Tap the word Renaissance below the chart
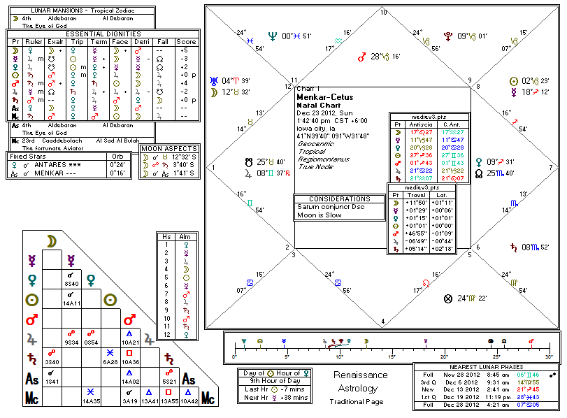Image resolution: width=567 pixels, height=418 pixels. [x=360, y=375]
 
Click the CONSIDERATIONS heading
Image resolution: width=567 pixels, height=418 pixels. [x=338, y=199]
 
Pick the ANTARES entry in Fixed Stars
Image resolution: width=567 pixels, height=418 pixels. [x=52, y=165]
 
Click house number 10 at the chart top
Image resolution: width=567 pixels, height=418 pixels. [x=382, y=13]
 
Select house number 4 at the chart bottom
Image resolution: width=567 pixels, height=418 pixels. [x=382, y=322]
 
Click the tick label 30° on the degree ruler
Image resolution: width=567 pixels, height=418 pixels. [x=547, y=356]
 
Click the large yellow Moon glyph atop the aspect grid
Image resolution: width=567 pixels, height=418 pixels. [x=51, y=241]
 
